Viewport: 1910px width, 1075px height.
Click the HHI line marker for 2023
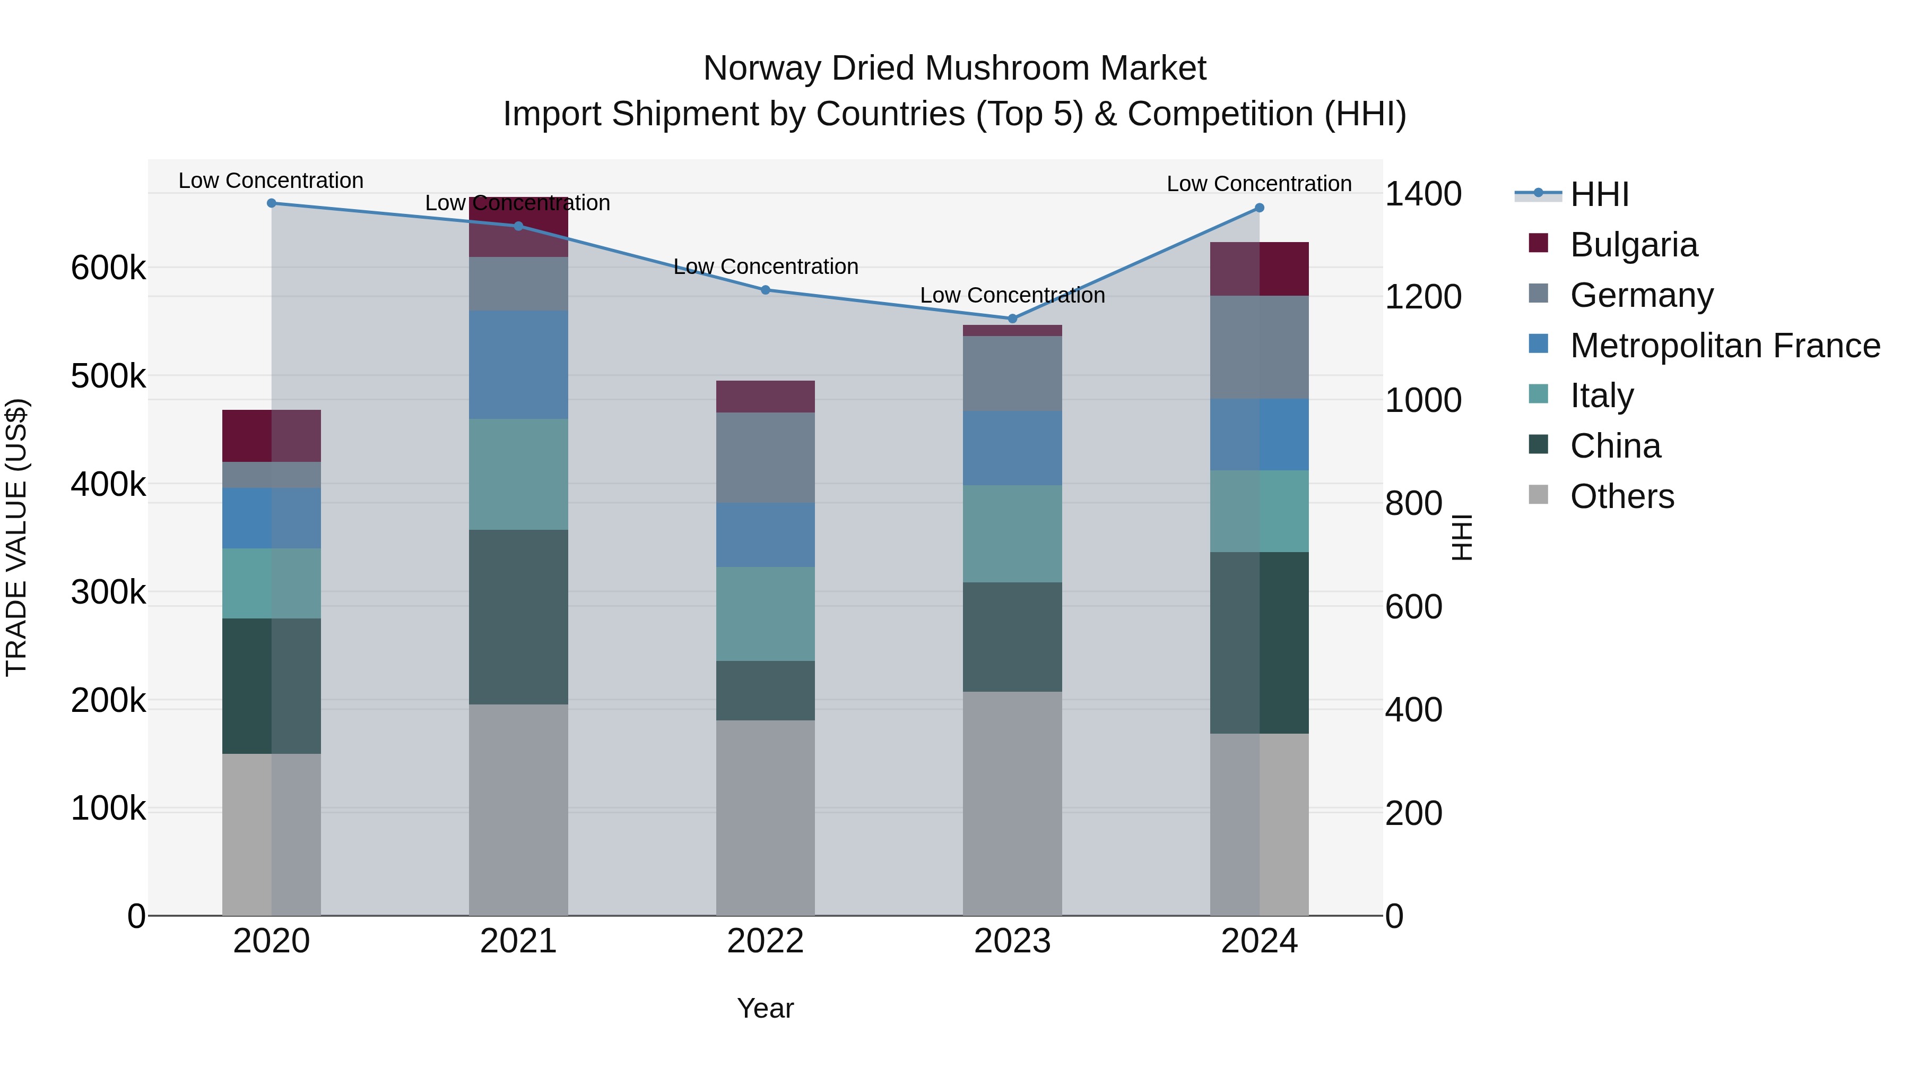(1012, 319)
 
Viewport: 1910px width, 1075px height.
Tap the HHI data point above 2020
(271, 203)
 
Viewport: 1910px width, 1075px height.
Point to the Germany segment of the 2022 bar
(765, 457)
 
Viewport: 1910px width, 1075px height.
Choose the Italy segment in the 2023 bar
(1012, 534)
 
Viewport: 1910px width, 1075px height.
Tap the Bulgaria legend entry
(1634, 244)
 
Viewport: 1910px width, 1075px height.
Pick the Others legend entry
(1621, 496)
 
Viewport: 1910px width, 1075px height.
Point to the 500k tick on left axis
(108, 376)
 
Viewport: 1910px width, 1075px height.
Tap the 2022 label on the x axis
(765, 941)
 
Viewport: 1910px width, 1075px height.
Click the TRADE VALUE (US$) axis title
(16, 537)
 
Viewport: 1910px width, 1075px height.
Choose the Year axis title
(765, 1008)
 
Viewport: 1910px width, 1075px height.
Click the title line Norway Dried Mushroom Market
(954, 68)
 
